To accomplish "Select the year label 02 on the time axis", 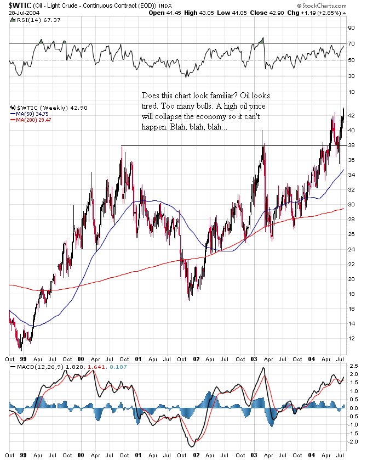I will pos(196,360).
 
